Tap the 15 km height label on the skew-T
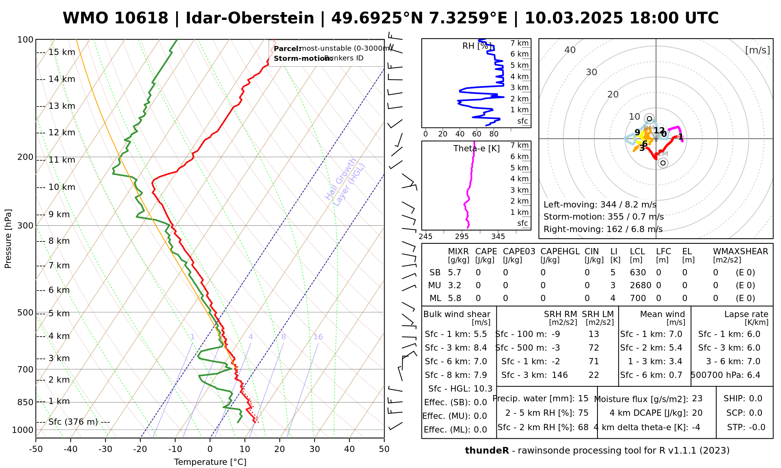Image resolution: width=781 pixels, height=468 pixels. point(62,52)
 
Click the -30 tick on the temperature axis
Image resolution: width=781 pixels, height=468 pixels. point(105,449)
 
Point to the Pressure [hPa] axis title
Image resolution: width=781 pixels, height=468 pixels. point(8,239)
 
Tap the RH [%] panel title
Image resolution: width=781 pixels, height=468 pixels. point(477,46)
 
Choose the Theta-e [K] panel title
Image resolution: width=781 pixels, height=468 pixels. point(476,149)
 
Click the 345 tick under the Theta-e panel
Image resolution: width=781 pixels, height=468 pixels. point(498,237)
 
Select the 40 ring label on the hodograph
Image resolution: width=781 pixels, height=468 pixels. point(570,50)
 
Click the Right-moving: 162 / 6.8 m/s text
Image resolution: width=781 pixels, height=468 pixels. point(603,229)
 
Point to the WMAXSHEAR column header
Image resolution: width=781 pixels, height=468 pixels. point(740,252)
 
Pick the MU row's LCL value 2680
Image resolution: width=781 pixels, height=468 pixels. point(640,285)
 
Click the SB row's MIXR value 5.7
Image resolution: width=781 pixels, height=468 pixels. point(455,273)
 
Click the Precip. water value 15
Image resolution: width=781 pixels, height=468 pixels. point(583,399)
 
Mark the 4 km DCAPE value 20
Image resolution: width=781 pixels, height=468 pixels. point(697,413)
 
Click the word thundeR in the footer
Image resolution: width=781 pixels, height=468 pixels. point(487,451)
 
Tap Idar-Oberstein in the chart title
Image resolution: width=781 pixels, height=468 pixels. point(250,18)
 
